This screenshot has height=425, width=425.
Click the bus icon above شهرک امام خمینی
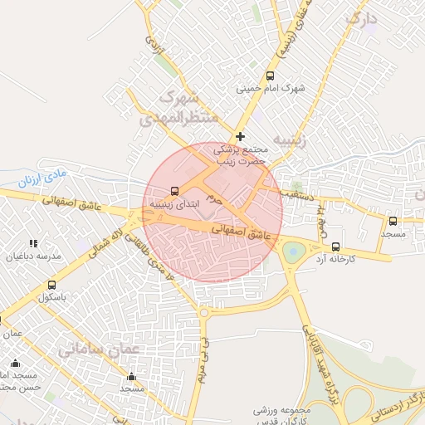(x=270, y=76)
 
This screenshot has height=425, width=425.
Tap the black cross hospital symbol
(x=241, y=136)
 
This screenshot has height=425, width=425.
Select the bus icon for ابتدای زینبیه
(x=174, y=189)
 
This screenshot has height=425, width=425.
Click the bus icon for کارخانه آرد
(x=335, y=247)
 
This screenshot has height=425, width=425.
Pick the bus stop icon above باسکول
(x=52, y=285)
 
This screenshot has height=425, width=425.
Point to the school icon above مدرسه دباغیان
(x=34, y=244)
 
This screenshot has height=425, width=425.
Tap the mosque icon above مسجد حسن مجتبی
(x=16, y=363)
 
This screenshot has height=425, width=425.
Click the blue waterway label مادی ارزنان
(x=41, y=177)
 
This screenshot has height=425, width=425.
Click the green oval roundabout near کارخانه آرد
(x=293, y=251)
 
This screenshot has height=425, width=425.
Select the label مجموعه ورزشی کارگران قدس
(x=282, y=415)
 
